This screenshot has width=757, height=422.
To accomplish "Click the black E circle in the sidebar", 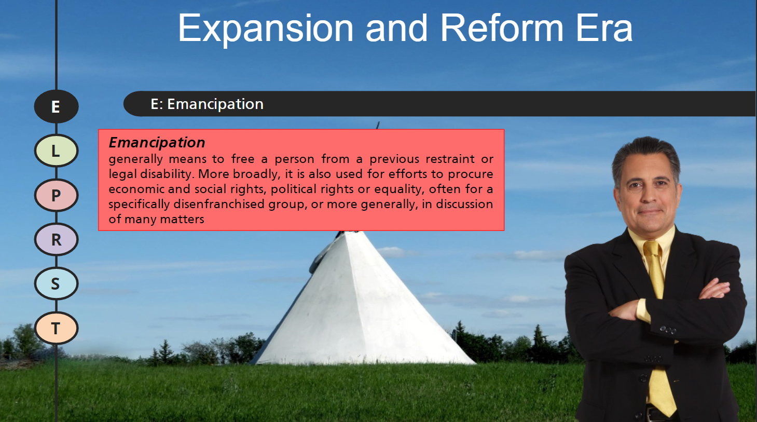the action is [x=56, y=106].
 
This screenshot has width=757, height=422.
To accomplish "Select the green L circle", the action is [x=56, y=151].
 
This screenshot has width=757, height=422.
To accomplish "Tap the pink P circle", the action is [x=56, y=195].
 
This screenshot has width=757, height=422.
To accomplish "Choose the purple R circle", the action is [x=56, y=239].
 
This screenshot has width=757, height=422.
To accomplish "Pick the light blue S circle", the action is [x=56, y=283].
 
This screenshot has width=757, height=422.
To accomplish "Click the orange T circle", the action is [x=56, y=328].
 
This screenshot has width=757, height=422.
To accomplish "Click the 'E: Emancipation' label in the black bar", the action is [x=207, y=104].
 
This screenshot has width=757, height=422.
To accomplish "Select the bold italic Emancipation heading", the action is [x=157, y=142].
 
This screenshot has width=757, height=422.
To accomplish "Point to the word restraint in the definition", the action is [x=450, y=159].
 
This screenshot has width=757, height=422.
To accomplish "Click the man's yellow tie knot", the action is [x=652, y=248].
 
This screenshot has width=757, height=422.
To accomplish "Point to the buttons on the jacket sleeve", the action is [x=668, y=330].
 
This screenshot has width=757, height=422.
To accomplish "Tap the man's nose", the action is [x=646, y=195].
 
